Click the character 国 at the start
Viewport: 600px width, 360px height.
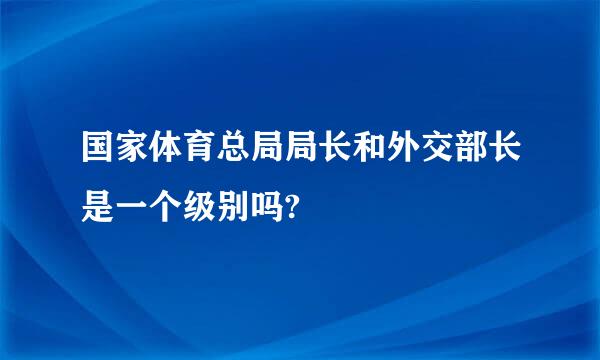[97, 147]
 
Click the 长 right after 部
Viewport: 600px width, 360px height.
[504, 147]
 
